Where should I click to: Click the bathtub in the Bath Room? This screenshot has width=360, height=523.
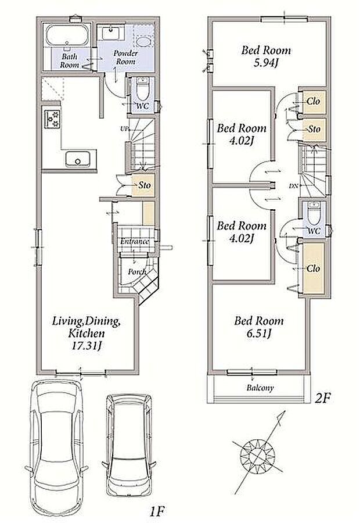coord(67,35)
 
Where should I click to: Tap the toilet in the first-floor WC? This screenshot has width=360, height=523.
coord(143,89)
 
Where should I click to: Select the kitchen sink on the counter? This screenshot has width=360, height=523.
coord(78,159)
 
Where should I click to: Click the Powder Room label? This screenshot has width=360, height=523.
coord(125,58)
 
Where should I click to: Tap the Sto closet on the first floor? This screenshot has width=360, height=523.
coord(143,185)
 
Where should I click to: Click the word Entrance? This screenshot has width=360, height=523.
coord(135,241)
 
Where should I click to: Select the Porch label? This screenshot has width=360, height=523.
coord(137,272)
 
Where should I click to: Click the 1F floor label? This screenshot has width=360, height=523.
coord(157,510)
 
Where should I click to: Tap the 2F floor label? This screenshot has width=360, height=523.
coord(322,398)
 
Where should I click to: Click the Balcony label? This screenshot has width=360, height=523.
coord(260,388)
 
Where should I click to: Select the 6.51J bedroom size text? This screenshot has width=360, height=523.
coord(258,333)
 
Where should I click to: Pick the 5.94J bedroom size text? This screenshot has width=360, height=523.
coord(266,63)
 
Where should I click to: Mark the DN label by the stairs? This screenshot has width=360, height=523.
coord(293,185)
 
